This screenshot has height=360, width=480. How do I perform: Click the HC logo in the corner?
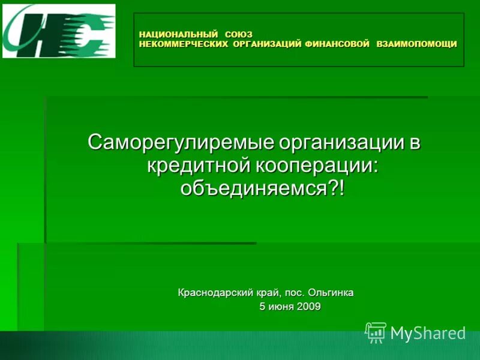click(59, 31)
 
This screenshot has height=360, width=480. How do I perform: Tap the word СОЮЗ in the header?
click(239, 34)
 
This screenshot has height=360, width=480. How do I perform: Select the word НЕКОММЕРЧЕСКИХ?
click(184, 44)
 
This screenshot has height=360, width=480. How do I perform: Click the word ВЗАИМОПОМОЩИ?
click(416, 44)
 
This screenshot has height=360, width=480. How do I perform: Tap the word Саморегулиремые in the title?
click(181, 143)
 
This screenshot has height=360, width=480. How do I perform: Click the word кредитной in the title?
click(197, 166)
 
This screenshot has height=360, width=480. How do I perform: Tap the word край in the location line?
click(265, 293)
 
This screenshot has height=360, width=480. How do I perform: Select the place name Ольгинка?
click(331, 293)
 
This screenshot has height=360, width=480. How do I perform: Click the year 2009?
click(308, 307)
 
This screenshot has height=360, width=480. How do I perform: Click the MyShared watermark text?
click(428, 333)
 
